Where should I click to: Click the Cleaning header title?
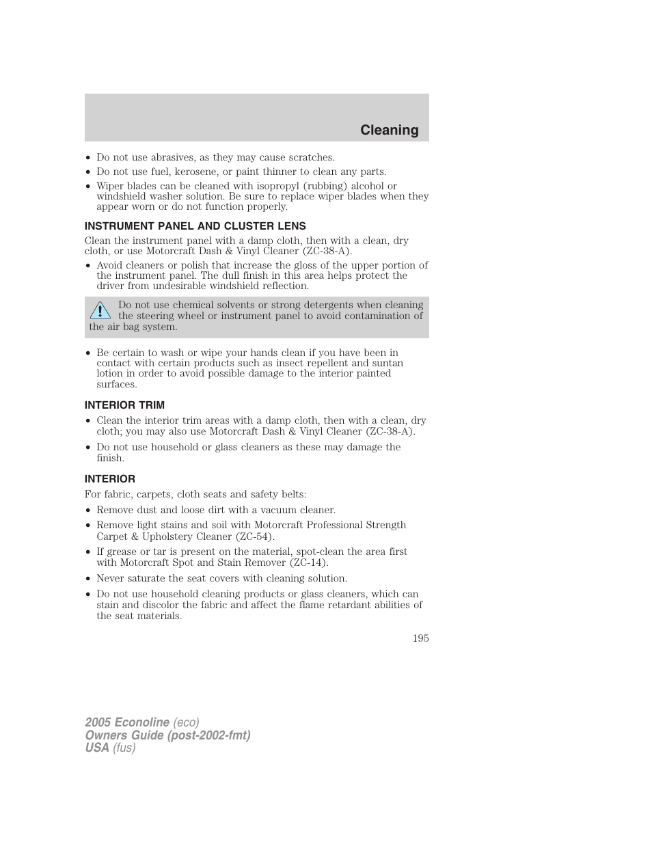[389, 130]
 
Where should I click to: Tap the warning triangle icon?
[100, 311]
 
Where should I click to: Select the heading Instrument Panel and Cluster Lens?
[195, 226]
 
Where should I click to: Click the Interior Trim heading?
[124, 405]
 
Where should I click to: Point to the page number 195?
[420, 638]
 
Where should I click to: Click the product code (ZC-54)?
[253, 536]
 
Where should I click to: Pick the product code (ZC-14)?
[307, 562]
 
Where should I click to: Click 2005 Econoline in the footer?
[127, 722]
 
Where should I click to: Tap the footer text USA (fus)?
[110, 748]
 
